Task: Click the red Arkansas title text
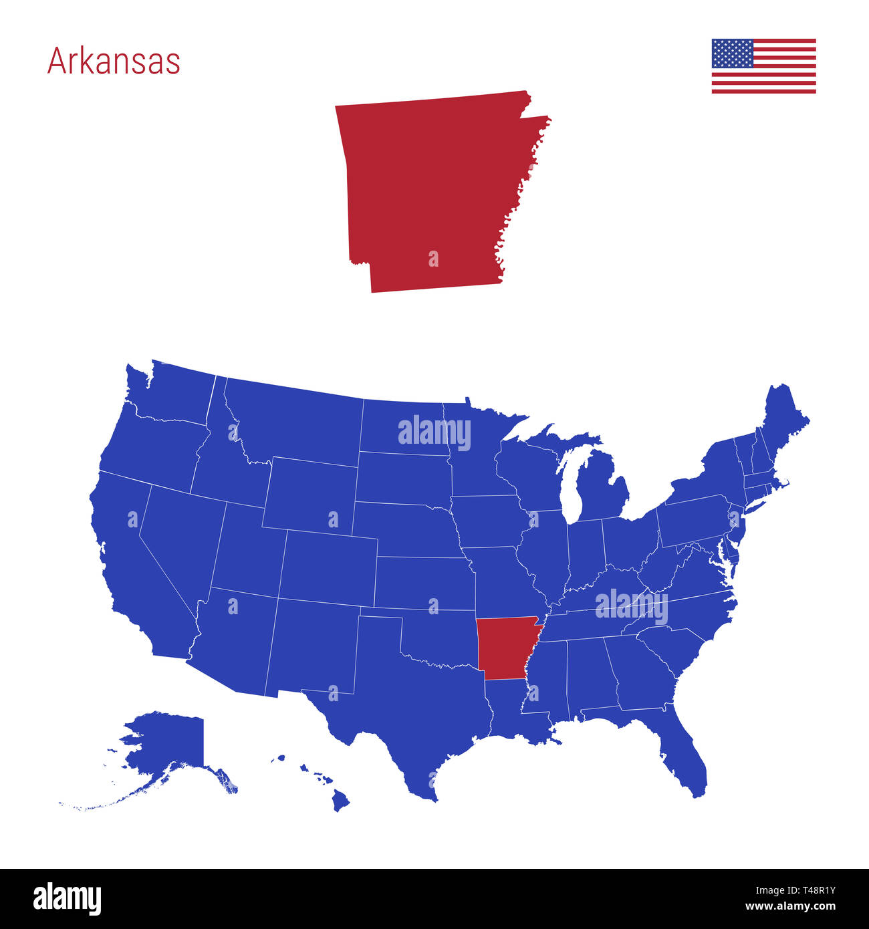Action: click(x=114, y=61)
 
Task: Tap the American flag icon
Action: click(x=763, y=65)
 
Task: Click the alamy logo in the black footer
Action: click(x=67, y=899)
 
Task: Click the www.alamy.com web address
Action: click(x=789, y=907)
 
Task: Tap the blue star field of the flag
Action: click(x=733, y=53)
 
